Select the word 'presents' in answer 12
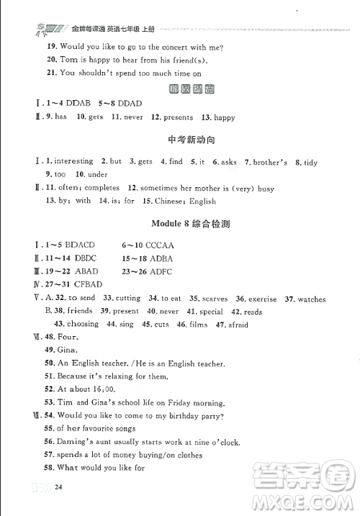[177, 117]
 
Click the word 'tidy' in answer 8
[310, 163]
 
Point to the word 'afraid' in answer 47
[238, 325]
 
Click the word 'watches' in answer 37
[311, 299]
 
